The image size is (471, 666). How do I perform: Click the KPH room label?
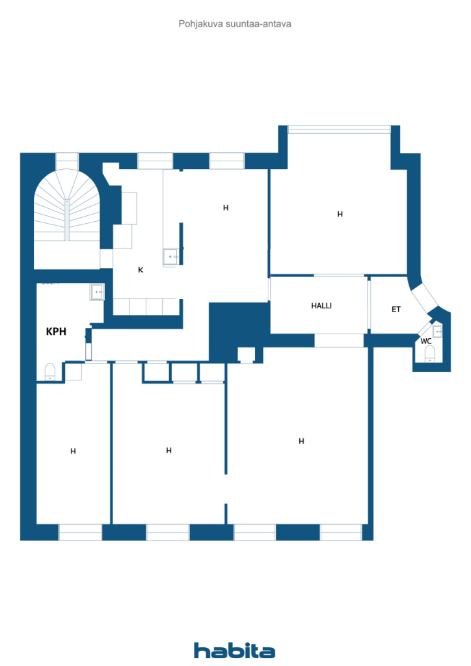[x=56, y=331]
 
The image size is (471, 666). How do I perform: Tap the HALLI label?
[x=321, y=306]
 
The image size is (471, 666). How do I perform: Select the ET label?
[x=396, y=309]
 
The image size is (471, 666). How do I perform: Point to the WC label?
[x=426, y=341]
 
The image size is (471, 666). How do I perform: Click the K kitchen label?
[x=141, y=270]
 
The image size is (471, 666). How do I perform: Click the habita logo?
[x=234, y=650]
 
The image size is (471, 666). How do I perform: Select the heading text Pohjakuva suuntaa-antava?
[x=235, y=24]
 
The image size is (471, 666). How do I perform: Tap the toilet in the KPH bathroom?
[x=50, y=372]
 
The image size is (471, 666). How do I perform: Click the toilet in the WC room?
[x=430, y=354]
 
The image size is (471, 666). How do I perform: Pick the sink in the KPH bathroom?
[x=98, y=292]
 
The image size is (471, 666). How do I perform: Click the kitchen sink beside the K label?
[x=170, y=257]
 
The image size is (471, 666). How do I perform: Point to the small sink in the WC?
[x=437, y=331]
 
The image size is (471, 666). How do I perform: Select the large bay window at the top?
[x=339, y=129]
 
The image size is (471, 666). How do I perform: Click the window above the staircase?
[x=67, y=161]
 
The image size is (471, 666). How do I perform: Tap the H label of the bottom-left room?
[x=73, y=451]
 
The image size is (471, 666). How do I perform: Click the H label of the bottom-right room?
[x=301, y=442]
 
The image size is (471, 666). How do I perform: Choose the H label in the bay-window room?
[x=340, y=214]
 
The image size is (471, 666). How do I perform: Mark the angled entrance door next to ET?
[x=425, y=298]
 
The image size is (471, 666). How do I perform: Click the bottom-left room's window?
[x=80, y=532]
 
